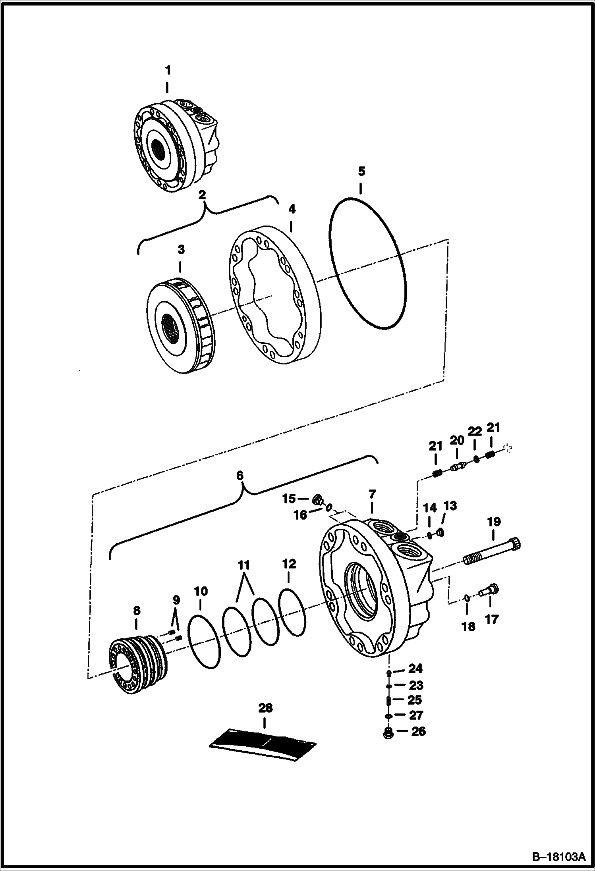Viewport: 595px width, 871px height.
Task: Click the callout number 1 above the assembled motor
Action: (168, 71)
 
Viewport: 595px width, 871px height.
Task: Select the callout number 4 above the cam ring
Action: (292, 209)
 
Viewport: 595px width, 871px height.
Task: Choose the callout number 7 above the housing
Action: (372, 494)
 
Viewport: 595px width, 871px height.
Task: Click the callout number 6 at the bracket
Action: (240, 476)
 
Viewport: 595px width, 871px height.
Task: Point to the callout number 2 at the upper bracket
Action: (202, 195)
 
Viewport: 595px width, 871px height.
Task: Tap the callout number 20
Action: (457, 440)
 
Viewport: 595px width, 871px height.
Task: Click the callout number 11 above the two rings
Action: (244, 565)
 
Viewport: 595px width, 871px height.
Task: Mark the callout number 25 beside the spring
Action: (415, 700)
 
